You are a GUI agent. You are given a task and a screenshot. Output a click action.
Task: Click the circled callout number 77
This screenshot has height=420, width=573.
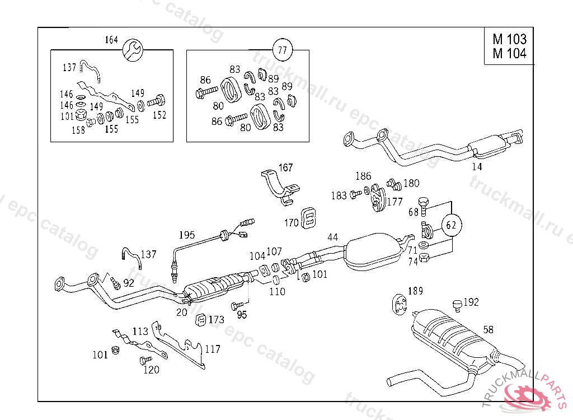(282, 50)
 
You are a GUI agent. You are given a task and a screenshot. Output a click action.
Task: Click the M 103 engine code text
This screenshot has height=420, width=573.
(509, 39)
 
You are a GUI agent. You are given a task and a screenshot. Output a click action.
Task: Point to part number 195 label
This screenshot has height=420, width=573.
(187, 234)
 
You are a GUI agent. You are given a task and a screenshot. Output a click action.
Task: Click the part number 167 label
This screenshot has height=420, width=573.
(285, 167)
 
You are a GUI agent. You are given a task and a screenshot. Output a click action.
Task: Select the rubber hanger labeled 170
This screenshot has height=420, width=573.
(307, 218)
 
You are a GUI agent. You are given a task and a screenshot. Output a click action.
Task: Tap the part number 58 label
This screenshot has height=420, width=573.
(489, 330)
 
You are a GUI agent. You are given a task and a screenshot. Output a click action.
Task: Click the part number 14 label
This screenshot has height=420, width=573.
(477, 166)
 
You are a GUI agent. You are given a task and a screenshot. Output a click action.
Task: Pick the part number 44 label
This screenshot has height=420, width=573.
(333, 237)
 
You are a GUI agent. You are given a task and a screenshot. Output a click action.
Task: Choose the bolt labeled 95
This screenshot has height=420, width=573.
(236, 306)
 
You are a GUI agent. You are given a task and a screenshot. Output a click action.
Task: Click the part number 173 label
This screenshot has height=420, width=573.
(216, 320)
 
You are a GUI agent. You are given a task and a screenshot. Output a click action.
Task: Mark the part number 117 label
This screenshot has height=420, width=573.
(212, 349)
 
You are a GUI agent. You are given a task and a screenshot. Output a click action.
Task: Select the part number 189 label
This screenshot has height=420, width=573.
(415, 291)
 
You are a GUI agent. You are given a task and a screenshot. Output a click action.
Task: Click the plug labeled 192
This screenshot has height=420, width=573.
(457, 304)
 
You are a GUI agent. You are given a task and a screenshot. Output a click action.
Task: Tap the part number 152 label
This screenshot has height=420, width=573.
(159, 115)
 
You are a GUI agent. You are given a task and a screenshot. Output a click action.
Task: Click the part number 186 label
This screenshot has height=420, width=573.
(363, 176)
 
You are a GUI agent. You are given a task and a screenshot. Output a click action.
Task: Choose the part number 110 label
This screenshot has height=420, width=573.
(277, 291)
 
